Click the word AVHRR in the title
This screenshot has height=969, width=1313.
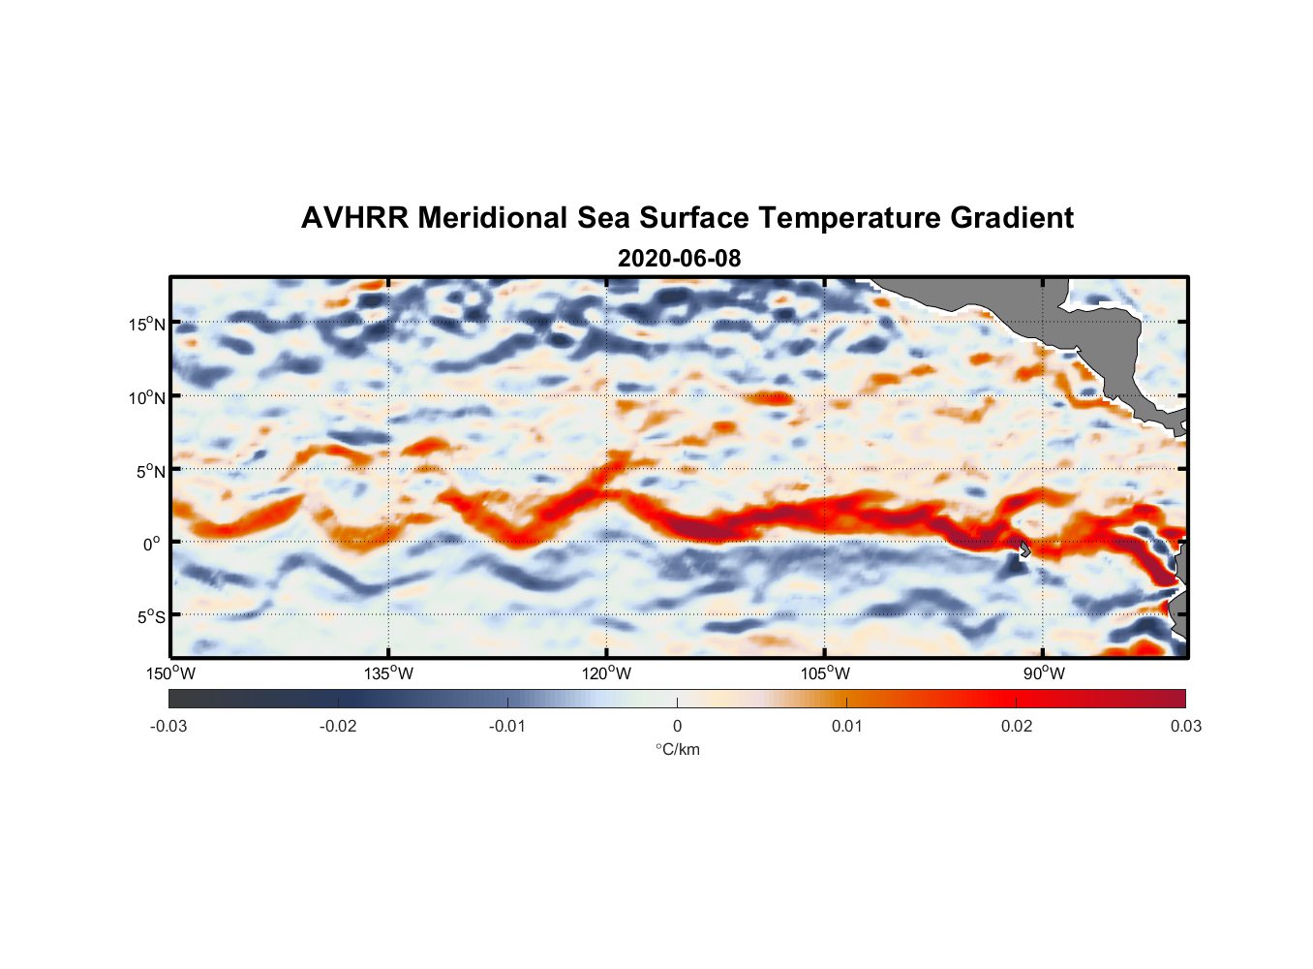[354, 218]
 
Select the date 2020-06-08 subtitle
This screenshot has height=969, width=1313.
[679, 259]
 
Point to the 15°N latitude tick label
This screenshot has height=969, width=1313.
[146, 324]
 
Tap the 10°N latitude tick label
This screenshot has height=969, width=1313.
[146, 397]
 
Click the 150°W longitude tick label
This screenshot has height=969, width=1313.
[170, 673]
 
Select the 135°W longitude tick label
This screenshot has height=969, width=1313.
[389, 673]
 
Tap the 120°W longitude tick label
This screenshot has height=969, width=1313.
[607, 673]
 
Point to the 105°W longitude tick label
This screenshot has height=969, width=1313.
[825, 673]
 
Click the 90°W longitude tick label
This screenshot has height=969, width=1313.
[1044, 673]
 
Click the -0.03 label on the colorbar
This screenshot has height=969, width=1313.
[168, 726]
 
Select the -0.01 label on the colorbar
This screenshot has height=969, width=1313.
[507, 726]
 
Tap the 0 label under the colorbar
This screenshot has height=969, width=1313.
[677, 726]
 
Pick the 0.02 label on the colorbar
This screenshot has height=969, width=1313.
[1017, 726]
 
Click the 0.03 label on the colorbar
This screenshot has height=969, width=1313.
[1185, 726]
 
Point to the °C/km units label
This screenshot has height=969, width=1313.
[678, 749]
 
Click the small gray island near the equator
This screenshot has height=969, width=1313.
[1024, 548]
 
